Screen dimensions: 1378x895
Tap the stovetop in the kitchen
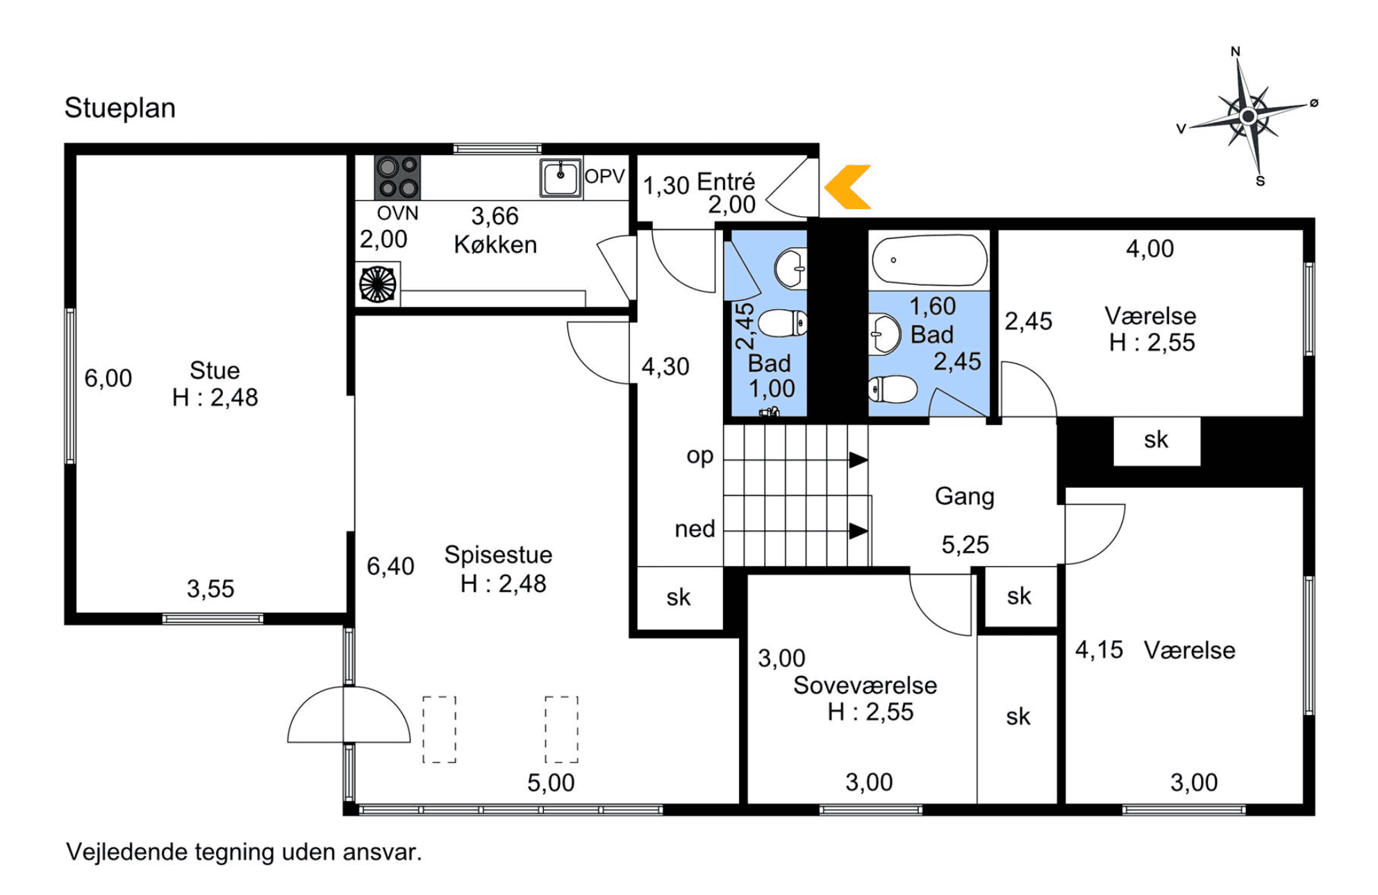click(397, 178)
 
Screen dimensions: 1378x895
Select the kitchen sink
click(561, 178)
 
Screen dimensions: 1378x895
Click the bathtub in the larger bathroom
click(929, 261)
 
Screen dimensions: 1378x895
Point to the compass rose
click(1248, 115)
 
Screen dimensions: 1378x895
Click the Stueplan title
click(120, 108)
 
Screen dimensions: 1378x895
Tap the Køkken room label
click(495, 245)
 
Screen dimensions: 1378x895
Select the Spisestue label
click(498, 555)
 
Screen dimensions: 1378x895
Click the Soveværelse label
click(865, 685)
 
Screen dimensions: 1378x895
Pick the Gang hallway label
click(965, 497)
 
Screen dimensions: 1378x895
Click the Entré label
click(726, 182)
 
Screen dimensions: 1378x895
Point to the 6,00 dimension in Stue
click(108, 379)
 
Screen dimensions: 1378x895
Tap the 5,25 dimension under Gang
click(965, 545)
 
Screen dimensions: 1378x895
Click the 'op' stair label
click(699, 457)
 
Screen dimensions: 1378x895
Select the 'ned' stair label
click(695, 529)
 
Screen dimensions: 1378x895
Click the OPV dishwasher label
click(604, 176)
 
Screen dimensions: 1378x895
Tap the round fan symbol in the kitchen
click(378, 284)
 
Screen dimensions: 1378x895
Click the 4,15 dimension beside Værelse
click(1099, 650)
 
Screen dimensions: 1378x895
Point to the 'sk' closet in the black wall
click(1156, 440)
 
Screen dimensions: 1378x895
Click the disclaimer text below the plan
click(244, 852)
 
